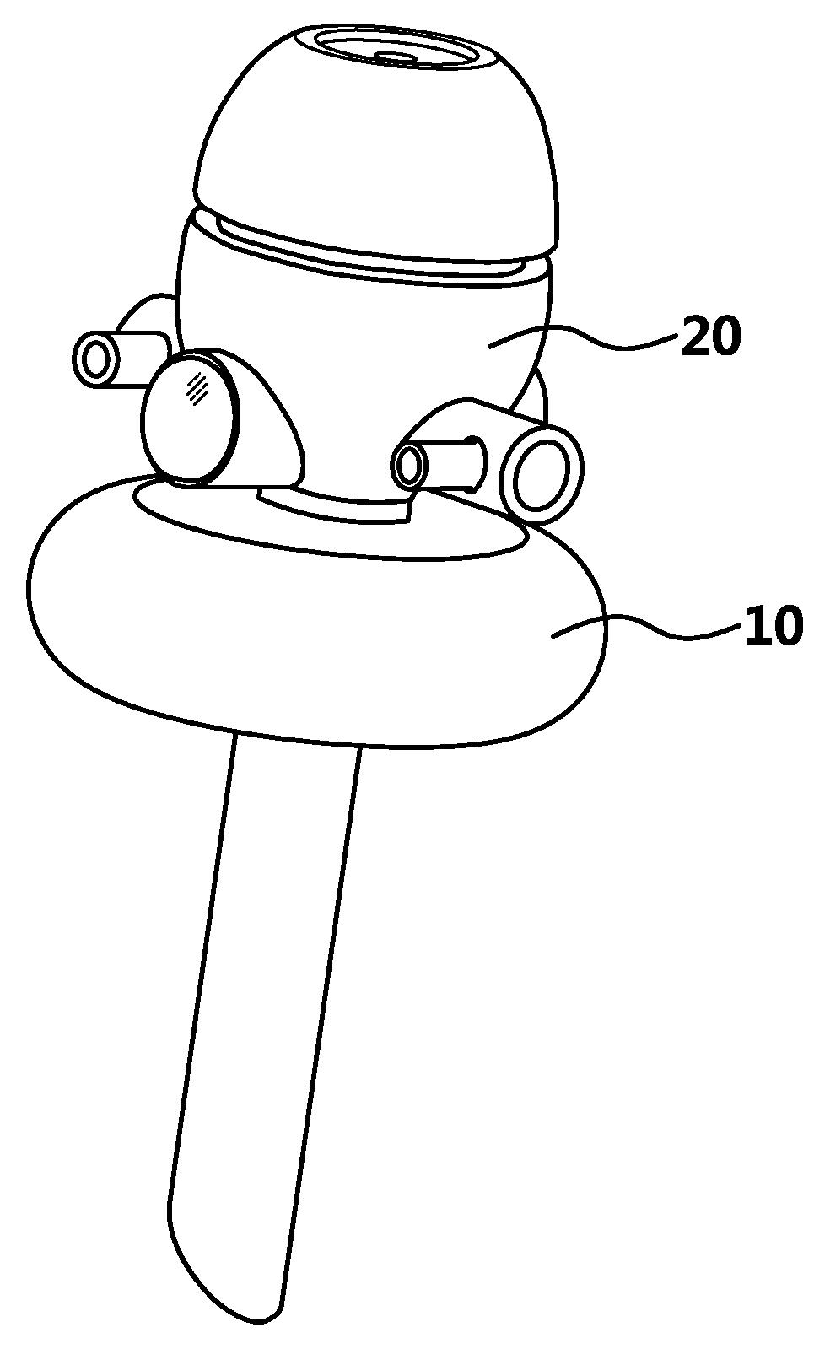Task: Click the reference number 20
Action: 711,338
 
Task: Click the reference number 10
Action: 772,627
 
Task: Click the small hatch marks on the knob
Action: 197,388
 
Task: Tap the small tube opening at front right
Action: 412,465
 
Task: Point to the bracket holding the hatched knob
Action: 270,430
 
